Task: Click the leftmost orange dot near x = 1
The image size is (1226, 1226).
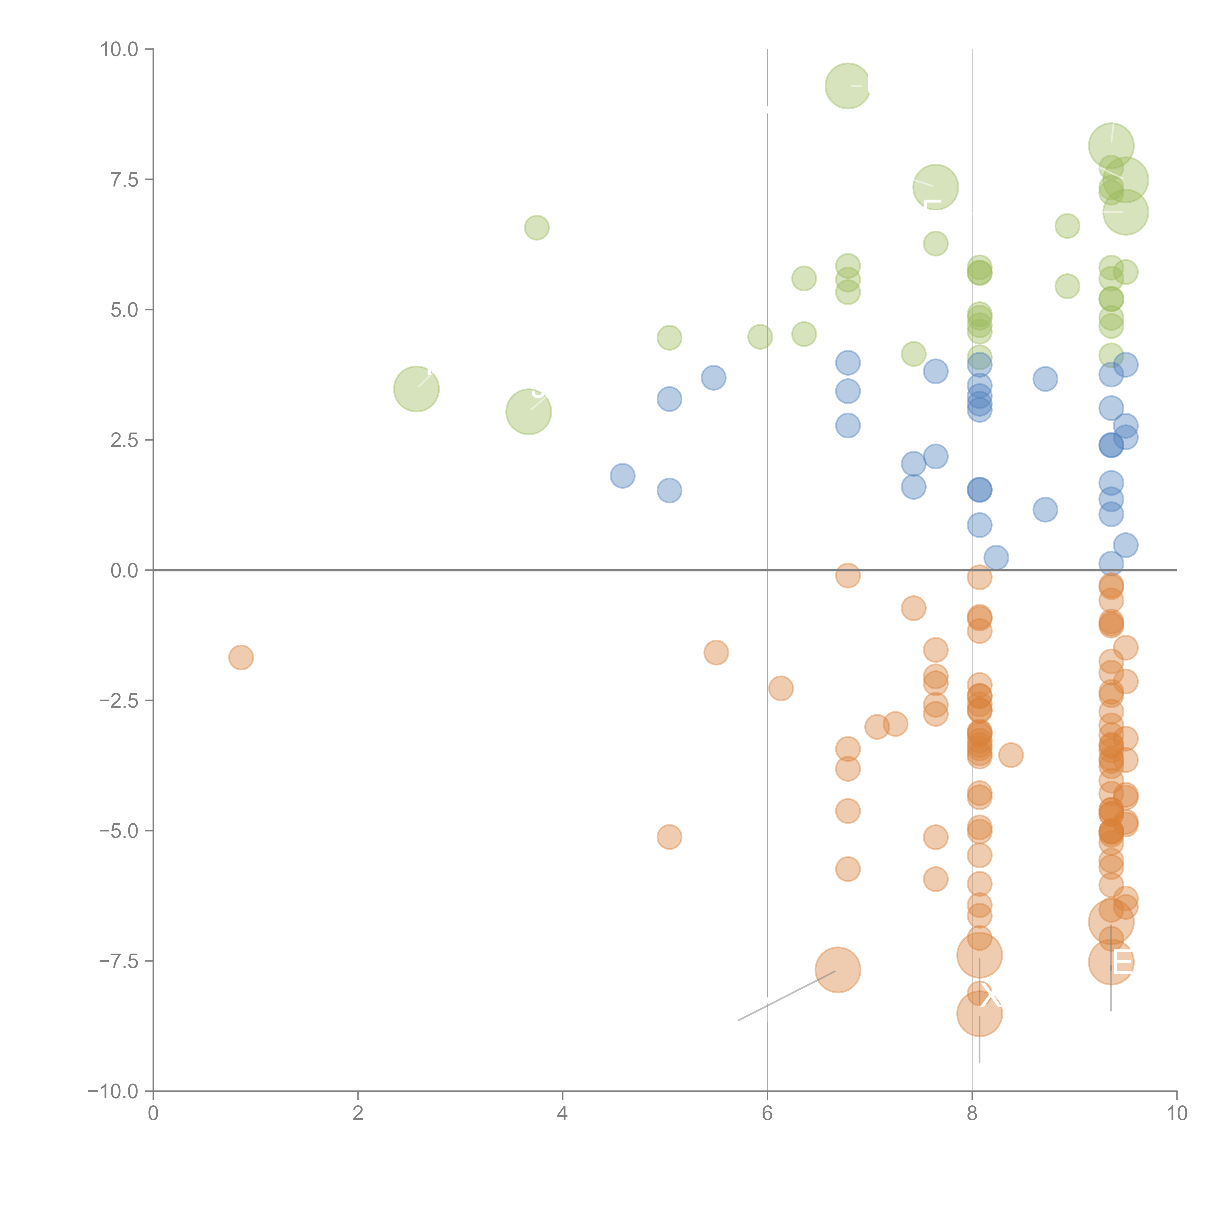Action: tap(241, 657)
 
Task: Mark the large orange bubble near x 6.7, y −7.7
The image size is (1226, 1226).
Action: tap(838, 970)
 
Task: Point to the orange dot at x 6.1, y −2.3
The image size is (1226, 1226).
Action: tap(780, 688)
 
